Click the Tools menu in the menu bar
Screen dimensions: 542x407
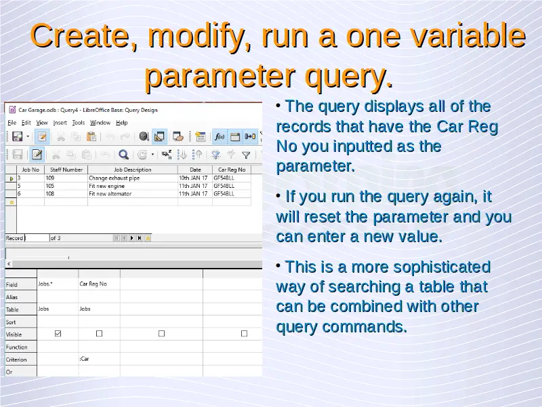pyautogui.click(x=79, y=123)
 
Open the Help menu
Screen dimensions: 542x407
pyautogui.click(x=122, y=123)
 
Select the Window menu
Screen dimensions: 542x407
pyautogui.click(x=100, y=123)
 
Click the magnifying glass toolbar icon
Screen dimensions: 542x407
pyautogui.click(x=124, y=155)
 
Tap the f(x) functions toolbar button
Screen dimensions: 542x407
pyautogui.click(x=220, y=136)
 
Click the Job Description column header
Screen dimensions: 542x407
pyautogui.click(x=133, y=170)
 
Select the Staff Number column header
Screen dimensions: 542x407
pyautogui.click(x=66, y=170)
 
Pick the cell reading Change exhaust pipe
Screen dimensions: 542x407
pyautogui.click(x=114, y=178)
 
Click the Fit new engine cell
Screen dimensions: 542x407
pyautogui.click(x=106, y=186)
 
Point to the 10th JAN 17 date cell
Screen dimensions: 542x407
pyautogui.click(x=193, y=178)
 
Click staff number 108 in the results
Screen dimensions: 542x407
pyautogui.click(x=49, y=194)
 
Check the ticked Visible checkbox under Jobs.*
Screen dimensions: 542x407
pyautogui.click(x=58, y=334)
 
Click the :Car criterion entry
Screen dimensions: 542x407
pyautogui.click(x=84, y=359)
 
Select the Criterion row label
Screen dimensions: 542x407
pyautogui.click(x=16, y=360)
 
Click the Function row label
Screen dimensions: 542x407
pyautogui.click(x=16, y=347)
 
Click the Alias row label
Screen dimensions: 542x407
pyautogui.click(x=12, y=297)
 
